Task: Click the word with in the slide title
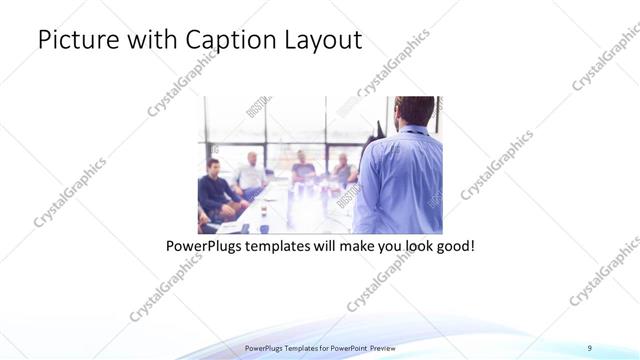click(x=152, y=40)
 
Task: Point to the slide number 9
click(x=589, y=347)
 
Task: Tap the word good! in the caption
click(x=453, y=244)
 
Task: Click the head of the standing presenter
click(x=413, y=110)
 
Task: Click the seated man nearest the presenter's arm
click(x=343, y=170)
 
